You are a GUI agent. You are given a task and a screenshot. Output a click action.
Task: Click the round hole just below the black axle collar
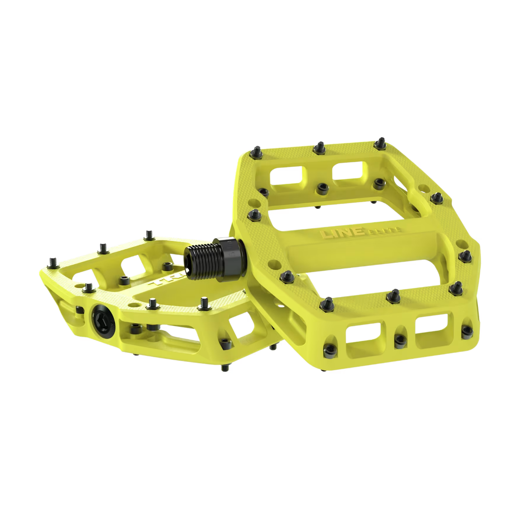pyautogui.click(x=273, y=264)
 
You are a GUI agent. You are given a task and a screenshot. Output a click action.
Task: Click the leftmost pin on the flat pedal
pyautogui.click(x=53, y=262)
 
